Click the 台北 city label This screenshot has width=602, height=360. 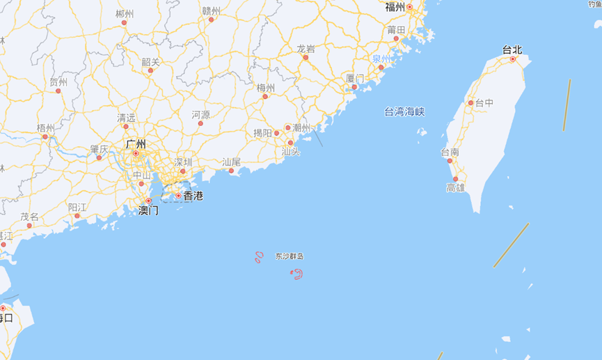pos(512,49)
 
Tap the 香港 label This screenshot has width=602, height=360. pos(193,196)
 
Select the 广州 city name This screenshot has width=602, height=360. pos(136,144)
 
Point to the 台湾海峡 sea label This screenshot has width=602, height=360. pos(404,111)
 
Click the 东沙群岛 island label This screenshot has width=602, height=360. pos(290,256)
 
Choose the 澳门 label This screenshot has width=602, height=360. pos(148,210)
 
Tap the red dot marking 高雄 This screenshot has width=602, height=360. pos(456,179)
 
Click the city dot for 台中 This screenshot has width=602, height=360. pos(471,103)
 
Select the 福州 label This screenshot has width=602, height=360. pos(395,7)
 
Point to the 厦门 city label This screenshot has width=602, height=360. pos(355,78)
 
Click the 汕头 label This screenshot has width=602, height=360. pos(291,151)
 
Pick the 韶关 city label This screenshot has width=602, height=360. pos(151,62)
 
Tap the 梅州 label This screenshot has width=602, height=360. pos(266,88)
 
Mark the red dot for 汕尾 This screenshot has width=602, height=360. pos(231,171)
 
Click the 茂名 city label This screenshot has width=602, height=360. pos(29,217)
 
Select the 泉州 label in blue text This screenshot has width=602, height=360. pos(381,58)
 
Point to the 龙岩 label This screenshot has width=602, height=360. pos(306,49)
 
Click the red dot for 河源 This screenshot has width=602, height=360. pos(200,123)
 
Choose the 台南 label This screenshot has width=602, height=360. pos(450,152)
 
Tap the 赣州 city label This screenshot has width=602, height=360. pos(211,10)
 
